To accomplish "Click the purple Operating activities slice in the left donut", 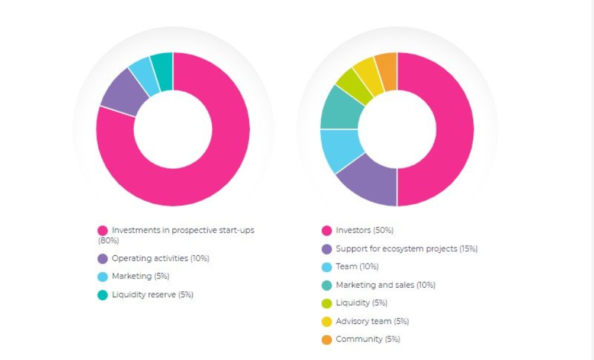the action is coord(123,93).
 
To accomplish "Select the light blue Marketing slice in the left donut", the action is coord(144,76).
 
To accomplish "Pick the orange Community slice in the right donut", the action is coord(387,71).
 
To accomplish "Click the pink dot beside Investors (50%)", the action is coord(327,230).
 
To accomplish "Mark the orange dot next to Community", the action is coord(327,339).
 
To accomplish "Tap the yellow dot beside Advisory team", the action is coord(327,322).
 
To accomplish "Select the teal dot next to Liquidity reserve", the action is coord(103,295).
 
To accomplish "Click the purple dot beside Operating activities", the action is coord(103,259).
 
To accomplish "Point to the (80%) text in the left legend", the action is coord(109,240).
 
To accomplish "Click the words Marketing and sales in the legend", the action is coord(375,285).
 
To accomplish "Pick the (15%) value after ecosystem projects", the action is coord(469,249).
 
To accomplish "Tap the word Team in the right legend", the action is coord(346,267).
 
